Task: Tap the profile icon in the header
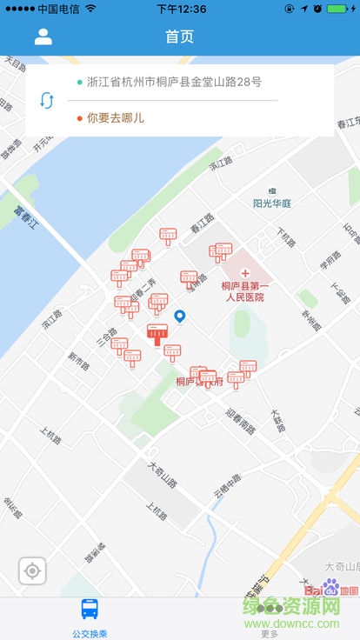tap(43, 37)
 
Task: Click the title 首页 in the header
tap(180, 37)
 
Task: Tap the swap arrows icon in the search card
tap(47, 100)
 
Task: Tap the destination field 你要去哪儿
tap(116, 117)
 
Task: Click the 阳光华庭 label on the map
tap(272, 203)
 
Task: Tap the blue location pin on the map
tap(180, 317)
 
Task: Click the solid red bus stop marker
tap(157, 333)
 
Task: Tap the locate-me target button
tap(33, 571)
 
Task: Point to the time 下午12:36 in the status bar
tap(181, 9)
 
